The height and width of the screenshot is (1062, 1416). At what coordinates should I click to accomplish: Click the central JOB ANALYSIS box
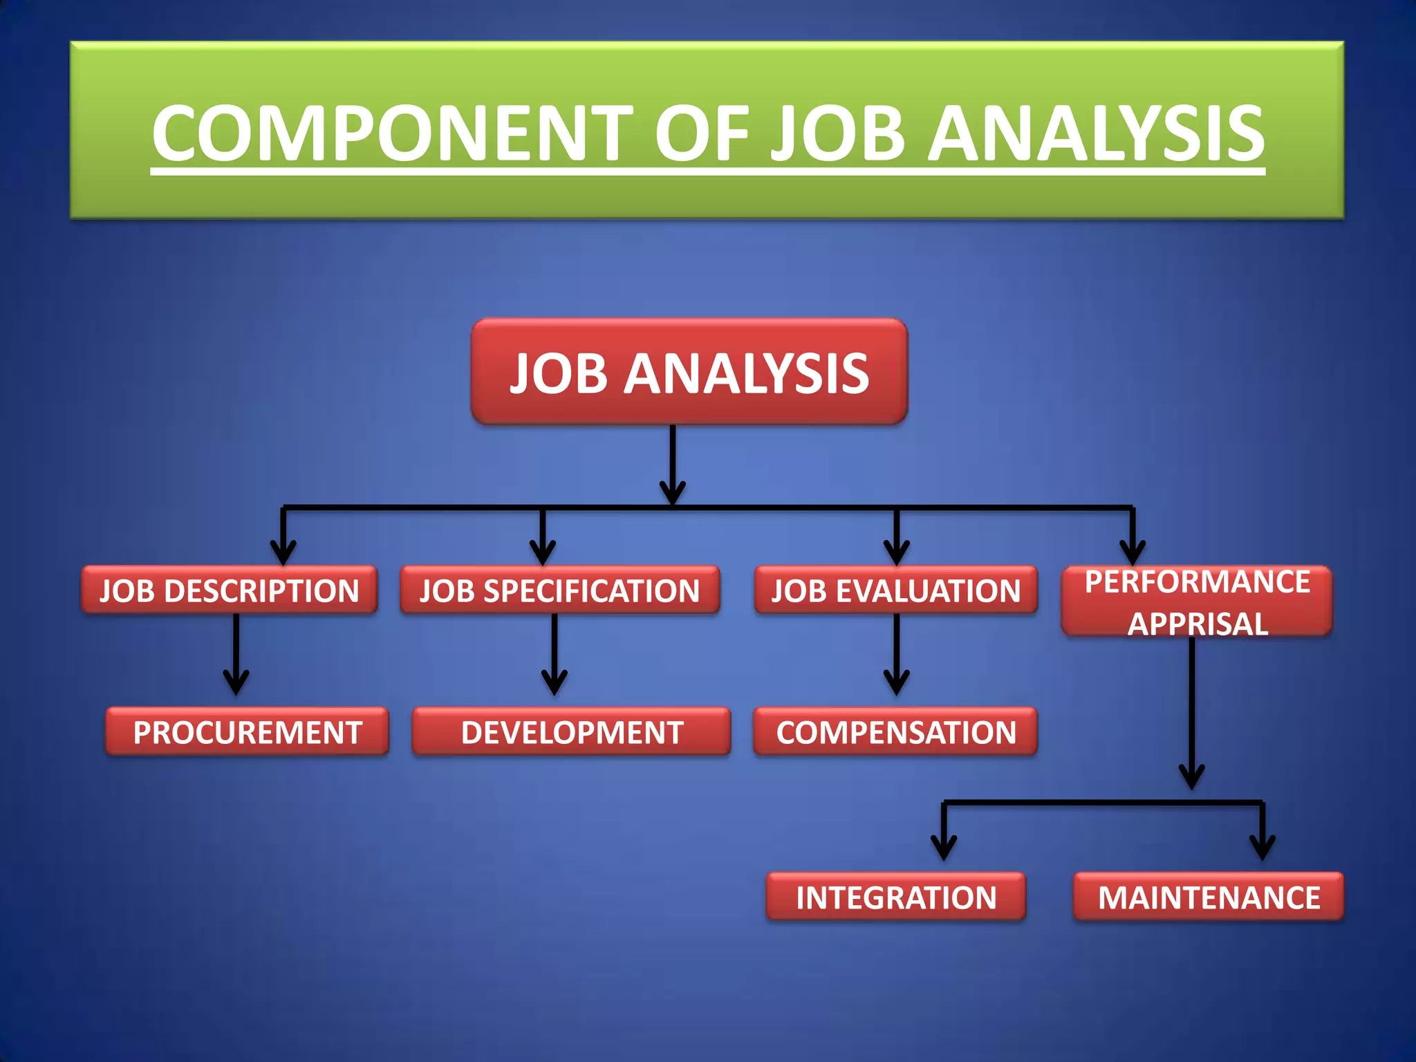pyautogui.click(x=689, y=372)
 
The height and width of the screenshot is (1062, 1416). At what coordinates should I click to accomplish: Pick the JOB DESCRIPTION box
pyautogui.click(x=229, y=590)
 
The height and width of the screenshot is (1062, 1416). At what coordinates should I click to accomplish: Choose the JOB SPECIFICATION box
pyautogui.click(x=559, y=590)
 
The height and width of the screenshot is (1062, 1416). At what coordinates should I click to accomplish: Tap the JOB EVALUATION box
pyautogui.click(x=895, y=590)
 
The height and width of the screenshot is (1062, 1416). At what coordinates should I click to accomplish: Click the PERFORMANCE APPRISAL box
pyautogui.click(x=1197, y=601)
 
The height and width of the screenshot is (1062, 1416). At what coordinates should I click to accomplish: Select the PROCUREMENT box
pyautogui.click(x=247, y=732)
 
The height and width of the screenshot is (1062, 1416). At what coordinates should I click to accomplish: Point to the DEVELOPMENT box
pyautogui.click(x=571, y=732)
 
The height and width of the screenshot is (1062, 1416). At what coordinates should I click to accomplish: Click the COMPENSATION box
pyautogui.click(x=895, y=732)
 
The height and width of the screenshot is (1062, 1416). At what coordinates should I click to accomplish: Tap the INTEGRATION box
pyautogui.click(x=895, y=897)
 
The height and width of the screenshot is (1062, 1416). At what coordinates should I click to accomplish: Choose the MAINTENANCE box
pyautogui.click(x=1208, y=897)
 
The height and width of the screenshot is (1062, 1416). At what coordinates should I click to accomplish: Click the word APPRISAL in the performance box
pyautogui.click(x=1198, y=624)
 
